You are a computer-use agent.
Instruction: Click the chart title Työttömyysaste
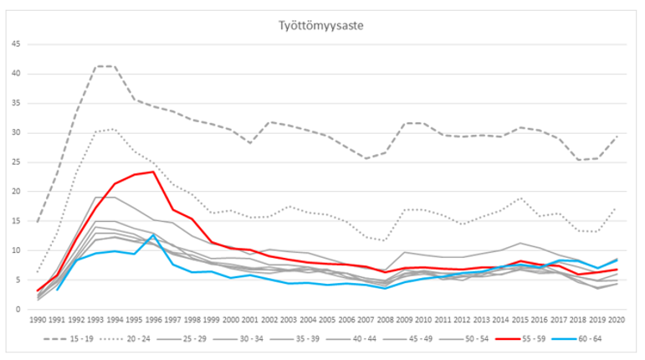click(322, 26)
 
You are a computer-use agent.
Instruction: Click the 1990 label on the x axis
click(38, 321)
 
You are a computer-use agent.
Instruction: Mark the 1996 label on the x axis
click(153, 321)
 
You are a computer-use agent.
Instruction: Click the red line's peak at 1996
click(153, 172)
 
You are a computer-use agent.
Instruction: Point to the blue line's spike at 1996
click(153, 235)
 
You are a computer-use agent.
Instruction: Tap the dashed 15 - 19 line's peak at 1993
click(95, 66)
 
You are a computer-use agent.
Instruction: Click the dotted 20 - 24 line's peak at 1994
click(115, 130)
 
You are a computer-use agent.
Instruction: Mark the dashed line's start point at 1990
click(38, 222)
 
